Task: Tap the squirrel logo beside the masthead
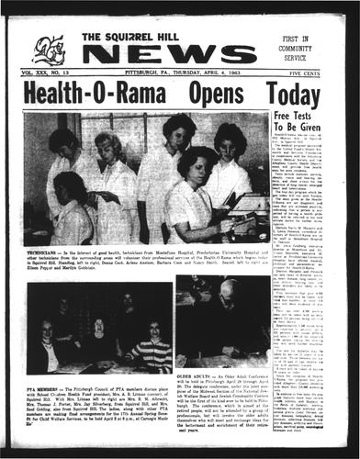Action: [x=49, y=49]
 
